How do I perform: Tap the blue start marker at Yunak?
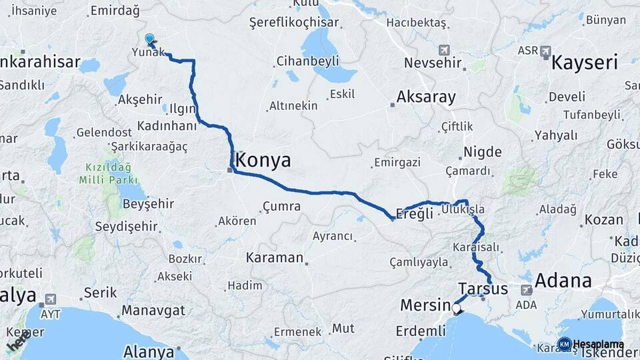pos(150,40)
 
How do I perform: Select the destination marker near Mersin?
pos(457,308)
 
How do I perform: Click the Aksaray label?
pos(426,97)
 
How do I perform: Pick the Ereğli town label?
pos(415,214)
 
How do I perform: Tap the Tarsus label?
pos(483,289)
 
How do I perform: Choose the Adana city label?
pos(563,281)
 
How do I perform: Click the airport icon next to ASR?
pos(546,51)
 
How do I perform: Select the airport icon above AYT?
pos(51,299)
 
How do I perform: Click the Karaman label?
pos(275,257)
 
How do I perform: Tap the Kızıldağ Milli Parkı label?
pos(108,173)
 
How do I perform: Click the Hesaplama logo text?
pos(597,345)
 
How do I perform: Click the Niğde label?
pos(482,151)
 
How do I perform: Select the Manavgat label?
pos(153,310)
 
